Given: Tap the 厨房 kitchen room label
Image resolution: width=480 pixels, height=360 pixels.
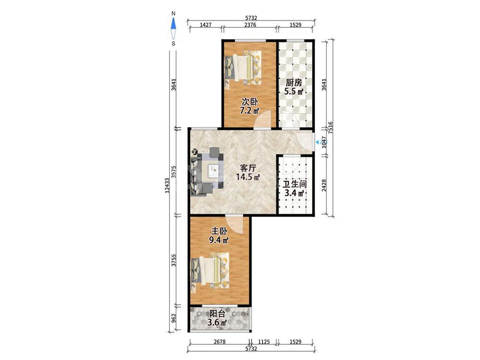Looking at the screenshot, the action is [x=294, y=83].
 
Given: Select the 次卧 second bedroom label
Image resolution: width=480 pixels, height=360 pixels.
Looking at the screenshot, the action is [x=250, y=101].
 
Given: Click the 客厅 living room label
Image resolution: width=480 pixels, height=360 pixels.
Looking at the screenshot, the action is [x=248, y=168].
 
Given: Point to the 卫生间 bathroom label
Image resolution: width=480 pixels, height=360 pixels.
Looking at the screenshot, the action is [x=295, y=184].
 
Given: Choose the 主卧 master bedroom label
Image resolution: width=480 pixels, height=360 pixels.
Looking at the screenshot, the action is [x=219, y=231].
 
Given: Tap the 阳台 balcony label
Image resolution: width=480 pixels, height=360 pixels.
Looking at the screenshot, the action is [x=217, y=313].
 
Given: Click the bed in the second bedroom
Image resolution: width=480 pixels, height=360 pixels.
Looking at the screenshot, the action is [x=243, y=67].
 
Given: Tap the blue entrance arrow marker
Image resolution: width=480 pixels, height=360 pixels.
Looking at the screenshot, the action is [x=317, y=142].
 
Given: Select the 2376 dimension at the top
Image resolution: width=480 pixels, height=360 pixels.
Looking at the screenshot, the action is [x=250, y=25].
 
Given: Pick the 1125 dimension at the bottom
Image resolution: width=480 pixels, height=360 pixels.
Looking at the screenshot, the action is [x=264, y=342].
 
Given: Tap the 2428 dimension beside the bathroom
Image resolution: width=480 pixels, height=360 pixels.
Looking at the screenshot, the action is [x=324, y=185].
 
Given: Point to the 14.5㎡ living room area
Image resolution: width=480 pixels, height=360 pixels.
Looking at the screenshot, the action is [x=248, y=177].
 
